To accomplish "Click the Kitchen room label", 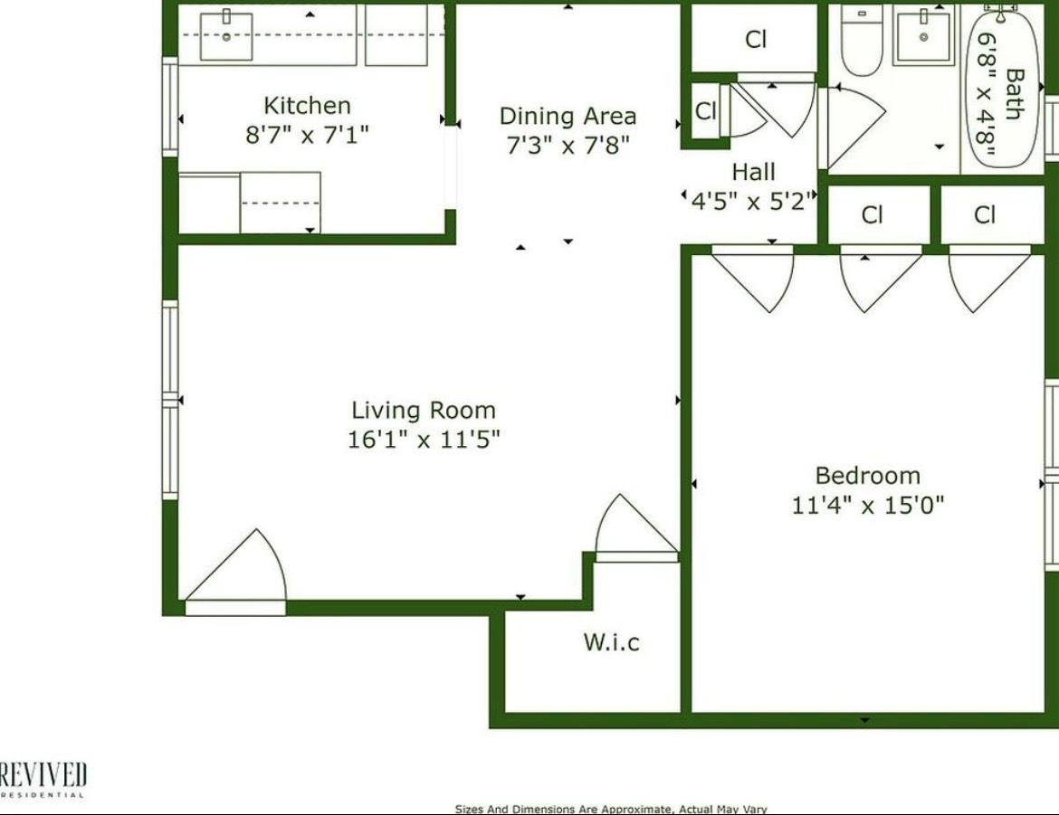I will point(307,106).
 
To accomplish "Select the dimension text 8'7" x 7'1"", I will point(307,136).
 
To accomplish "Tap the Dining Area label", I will point(568,116).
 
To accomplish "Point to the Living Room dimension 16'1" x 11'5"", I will point(424,441).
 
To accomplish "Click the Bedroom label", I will point(867,475).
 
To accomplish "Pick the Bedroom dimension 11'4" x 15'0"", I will point(867,505).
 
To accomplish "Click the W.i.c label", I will point(611,642).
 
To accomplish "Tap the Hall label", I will point(753,172).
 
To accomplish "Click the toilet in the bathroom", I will point(861,41).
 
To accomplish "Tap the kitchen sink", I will point(226,35).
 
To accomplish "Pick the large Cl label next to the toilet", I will point(756,40).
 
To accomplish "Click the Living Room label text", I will point(424,410).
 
